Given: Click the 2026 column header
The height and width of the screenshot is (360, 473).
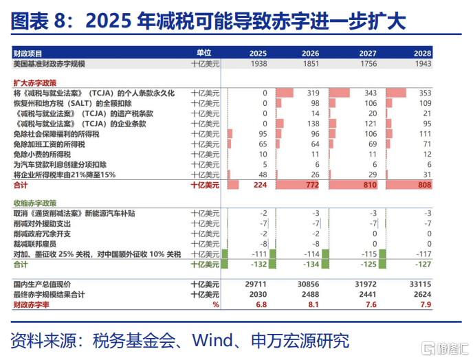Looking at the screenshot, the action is click(310, 54).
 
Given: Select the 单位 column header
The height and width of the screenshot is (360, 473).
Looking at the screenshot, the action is click(204, 53).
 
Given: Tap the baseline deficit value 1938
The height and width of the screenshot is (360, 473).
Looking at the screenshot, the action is click(258, 64).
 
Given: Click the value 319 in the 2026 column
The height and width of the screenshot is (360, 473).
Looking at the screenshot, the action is click(313, 93).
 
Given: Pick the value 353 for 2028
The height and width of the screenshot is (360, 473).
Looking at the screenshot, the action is click(425, 93).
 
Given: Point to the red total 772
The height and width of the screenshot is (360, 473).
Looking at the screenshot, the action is click(313, 185).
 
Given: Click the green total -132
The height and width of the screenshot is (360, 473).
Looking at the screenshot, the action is click(258, 265).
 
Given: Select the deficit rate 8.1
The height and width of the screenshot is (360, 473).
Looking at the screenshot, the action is click(313, 304).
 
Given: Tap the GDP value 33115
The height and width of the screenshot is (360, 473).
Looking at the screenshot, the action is click(421, 284).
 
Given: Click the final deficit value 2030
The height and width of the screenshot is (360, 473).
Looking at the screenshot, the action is click(258, 294).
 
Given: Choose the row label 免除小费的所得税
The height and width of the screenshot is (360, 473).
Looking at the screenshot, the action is click(42, 155).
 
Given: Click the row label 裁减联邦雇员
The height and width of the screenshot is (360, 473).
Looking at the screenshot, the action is click(34, 244).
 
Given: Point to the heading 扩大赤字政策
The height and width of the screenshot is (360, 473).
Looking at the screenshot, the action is click(34, 83).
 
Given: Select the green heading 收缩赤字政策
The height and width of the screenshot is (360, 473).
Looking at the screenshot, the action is click(34, 203).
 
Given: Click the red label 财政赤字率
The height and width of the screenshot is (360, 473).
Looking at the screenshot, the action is click(31, 304).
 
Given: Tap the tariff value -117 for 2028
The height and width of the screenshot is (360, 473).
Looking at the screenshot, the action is click(423, 254).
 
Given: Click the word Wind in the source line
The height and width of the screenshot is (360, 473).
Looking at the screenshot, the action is click(212, 340).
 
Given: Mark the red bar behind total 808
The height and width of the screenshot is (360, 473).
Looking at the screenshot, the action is click(409, 185).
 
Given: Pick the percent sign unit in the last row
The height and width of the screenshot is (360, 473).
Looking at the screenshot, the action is click(216, 304).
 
